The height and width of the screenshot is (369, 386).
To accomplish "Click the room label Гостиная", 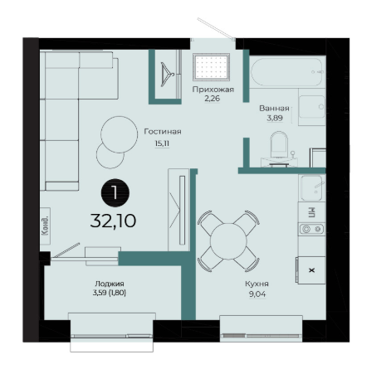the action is point(163,132).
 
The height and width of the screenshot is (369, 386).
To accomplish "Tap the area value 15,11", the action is point(162,143).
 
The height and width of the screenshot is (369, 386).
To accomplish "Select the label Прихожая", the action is point(213,90).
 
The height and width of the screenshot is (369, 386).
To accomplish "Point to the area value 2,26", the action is point(213,99).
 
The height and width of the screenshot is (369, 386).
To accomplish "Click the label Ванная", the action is point(274,109).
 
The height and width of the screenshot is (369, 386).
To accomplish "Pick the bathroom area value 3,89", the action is point(275,118).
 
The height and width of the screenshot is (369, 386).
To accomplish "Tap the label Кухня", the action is point(257,284).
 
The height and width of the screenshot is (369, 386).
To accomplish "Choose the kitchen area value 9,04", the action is point(257,294).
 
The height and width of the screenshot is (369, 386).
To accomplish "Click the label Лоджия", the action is point(110,284).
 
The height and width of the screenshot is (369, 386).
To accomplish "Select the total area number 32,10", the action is point(113,221).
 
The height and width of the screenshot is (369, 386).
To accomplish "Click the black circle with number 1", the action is point(115,192).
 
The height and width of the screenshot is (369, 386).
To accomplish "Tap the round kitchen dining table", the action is point(228,241).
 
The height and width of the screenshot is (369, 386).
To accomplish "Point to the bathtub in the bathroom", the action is point(286,72).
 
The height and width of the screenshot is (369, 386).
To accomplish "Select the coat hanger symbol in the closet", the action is point(167,74).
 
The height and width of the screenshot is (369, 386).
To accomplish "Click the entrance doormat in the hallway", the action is point(212,67).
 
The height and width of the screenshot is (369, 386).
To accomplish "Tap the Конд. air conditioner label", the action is point(45,226).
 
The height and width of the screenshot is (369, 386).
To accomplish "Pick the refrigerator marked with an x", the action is point(310,270).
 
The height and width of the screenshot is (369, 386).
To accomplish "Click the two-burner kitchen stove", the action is point(311,229).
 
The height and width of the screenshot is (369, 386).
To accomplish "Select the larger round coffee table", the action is point(120,134).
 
